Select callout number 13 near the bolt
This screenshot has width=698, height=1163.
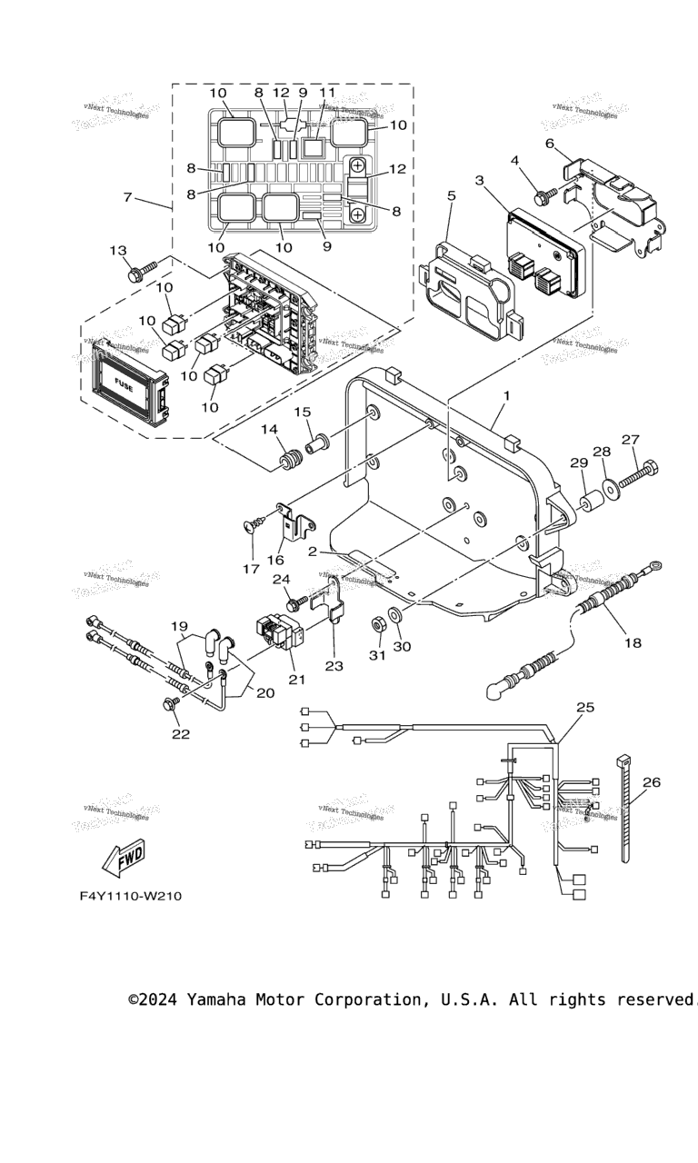[x=118, y=251]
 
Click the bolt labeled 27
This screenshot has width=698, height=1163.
[x=640, y=472]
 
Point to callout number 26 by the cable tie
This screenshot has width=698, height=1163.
[x=652, y=781]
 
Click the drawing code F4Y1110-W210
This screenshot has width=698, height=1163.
[x=130, y=896]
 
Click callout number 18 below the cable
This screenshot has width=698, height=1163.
[x=633, y=642]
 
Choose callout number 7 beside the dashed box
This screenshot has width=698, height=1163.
[x=128, y=197]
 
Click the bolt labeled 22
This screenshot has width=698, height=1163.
[x=169, y=705]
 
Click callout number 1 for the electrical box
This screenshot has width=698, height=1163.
[x=506, y=396]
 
